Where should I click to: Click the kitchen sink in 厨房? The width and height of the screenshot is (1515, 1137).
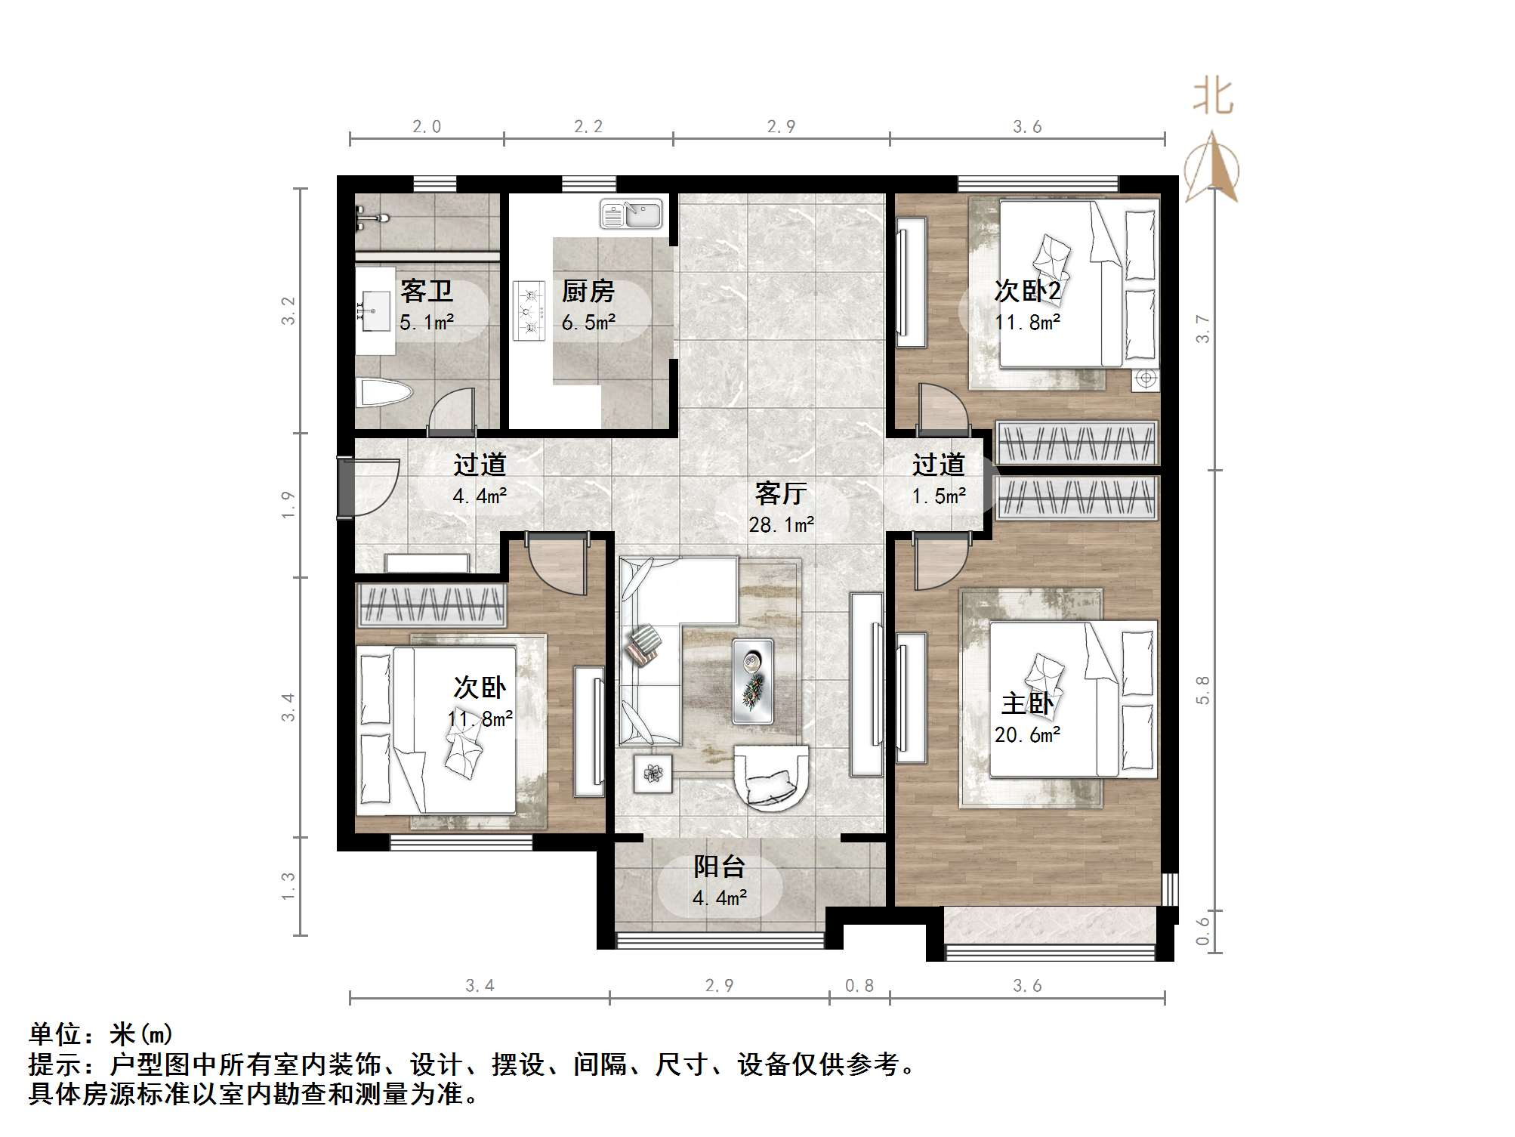(x=631, y=214)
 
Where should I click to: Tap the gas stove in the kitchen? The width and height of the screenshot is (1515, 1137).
(x=529, y=311)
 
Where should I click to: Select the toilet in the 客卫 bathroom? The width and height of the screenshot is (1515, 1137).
(x=384, y=394)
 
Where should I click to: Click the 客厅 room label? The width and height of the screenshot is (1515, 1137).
(x=781, y=493)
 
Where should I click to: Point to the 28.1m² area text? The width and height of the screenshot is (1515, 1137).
(x=781, y=524)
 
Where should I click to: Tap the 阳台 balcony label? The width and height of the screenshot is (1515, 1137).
(x=720, y=867)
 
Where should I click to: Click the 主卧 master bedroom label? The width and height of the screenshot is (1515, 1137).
(x=1027, y=703)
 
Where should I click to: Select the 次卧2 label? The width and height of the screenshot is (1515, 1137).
(x=1027, y=291)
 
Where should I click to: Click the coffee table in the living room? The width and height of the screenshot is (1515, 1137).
(x=752, y=681)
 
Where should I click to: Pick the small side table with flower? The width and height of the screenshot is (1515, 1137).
(x=653, y=773)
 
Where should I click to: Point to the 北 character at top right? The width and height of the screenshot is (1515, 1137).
(x=1213, y=97)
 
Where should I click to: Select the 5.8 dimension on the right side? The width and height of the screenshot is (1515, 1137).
(x=1202, y=690)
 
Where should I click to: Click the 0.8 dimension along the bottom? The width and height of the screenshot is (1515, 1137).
(x=859, y=985)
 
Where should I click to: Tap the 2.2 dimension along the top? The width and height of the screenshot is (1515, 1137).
(x=588, y=127)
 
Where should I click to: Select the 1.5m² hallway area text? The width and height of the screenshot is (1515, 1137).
(x=938, y=496)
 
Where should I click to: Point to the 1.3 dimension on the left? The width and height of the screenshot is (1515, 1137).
(x=288, y=886)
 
